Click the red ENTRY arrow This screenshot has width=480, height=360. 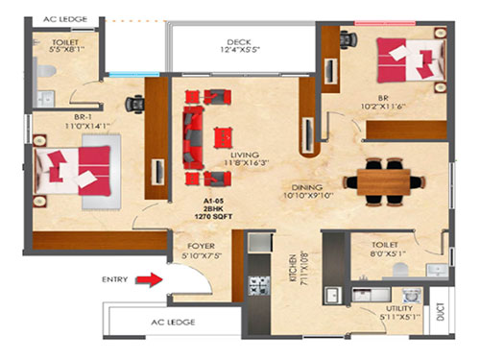pos(147,280)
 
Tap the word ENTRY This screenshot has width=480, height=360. pos(116,280)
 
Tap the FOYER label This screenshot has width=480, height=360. pos(202,252)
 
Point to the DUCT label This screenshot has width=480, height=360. pos(441,310)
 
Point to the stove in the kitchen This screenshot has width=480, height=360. pos(258,284)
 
